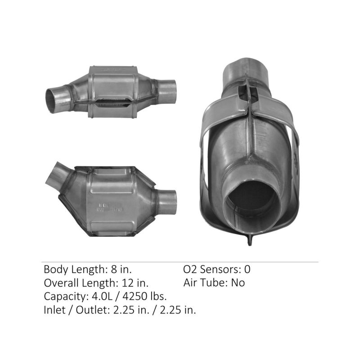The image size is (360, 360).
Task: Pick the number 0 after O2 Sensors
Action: pyautogui.click(x=247, y=270)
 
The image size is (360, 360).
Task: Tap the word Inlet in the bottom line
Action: pyautogui.click(x=54, y=310)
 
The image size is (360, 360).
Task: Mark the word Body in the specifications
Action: pyautogui.click(x=54, y=270)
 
